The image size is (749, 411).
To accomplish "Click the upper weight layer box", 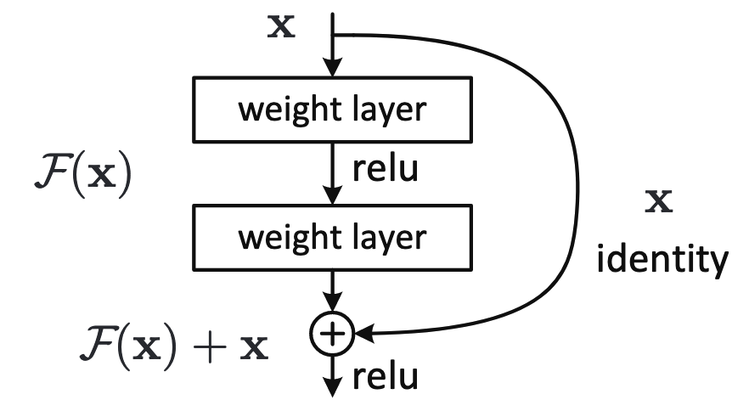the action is pyautogui.click(x=333, y=110).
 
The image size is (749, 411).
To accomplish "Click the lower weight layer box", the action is pyautogui.click(x=333, y=238).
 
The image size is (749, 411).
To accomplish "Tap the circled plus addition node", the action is pyautogui.click(x=333, y=333).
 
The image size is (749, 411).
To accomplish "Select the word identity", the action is pyautogui.click(x=662, y=259).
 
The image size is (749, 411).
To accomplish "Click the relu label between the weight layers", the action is pyautogui.click(x=385, y=168).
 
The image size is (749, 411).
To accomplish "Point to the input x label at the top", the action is pyautogui.click(x=281, y=27).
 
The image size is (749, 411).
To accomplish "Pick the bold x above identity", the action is pyautogui.click(x=659, y=201).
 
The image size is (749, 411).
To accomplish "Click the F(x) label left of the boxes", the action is pyautogui.click(x=83, y=175).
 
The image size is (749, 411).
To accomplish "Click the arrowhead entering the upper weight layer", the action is pyautogui.click(x=333, y=67).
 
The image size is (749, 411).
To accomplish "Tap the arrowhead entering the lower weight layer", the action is pyautogui.click(x=333, y=195).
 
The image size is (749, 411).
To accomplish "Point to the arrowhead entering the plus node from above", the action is pyautogui.click(x=333, y=302).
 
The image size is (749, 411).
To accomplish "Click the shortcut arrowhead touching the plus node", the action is pyautogui.click(x=364, y=333).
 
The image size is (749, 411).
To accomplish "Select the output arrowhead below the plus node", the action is pyautogui.click(x=333, y=387).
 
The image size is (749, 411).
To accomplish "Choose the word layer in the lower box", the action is pyautogui.click(x=389, y=239).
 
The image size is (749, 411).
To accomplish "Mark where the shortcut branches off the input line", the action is pyautogui.click(x=333, y=35).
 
